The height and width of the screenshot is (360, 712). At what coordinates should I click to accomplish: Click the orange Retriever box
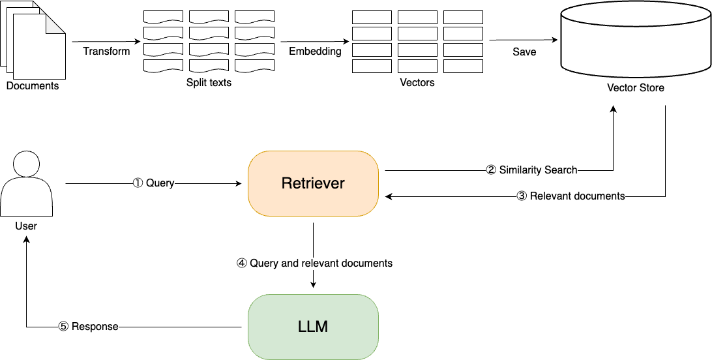313,183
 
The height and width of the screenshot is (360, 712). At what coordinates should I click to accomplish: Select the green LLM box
313,326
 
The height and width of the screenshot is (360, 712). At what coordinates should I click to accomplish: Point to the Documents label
33,85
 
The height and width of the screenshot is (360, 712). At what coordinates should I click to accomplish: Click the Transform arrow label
106,51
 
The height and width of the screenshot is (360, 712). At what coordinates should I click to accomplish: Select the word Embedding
315,51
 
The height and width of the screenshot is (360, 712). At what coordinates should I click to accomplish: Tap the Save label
524,52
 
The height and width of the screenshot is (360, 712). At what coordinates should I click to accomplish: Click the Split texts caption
209,83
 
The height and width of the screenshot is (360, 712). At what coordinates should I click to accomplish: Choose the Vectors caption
417,83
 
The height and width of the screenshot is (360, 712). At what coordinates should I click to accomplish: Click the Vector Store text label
635,87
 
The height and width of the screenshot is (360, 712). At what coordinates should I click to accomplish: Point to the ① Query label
153,183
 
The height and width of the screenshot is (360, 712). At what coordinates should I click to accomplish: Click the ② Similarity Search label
531,170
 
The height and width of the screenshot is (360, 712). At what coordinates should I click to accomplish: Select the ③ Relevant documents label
571,196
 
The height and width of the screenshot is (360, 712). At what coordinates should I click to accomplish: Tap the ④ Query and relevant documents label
314,263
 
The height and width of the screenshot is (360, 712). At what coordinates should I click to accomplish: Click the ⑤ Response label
88,326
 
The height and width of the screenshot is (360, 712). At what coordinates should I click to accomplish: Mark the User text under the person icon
26,226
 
